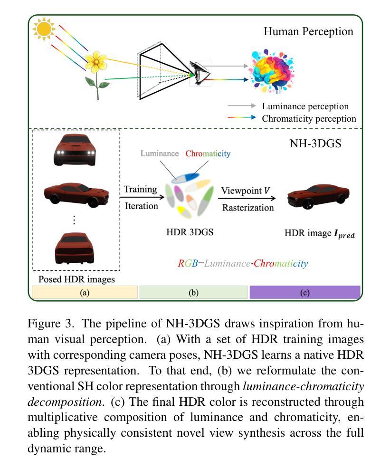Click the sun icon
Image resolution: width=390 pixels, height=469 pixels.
click(x=43, y=29)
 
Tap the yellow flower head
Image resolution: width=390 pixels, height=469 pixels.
click(x=99, y=60)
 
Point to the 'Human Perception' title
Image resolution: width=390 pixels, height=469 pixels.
click(x=308, y=31)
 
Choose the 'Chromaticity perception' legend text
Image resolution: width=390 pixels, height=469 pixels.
click(x=309, y=118)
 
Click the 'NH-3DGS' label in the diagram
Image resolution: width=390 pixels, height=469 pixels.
click(x=315, y=143)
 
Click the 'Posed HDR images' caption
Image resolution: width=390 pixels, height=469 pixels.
click(x=76, y=279)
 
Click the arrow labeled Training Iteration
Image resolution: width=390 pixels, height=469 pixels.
click(x=141, y=197)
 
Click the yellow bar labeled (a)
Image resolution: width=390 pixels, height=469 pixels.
click(x=85, y=292)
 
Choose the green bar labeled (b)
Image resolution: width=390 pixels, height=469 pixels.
click(x=193, y=292)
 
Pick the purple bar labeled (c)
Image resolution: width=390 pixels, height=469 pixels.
click(x=304, y=292)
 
